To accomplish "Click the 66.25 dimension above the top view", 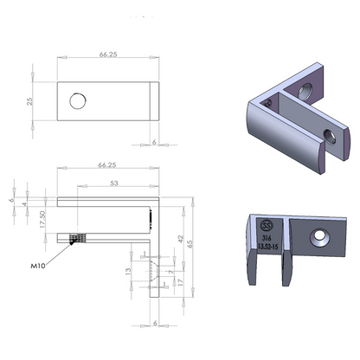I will pos(108,54).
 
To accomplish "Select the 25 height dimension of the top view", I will pos(29,101).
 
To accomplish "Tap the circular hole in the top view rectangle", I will pos(78,102).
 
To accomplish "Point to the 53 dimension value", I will pos(114,183).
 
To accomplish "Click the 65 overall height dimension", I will pos(192,245).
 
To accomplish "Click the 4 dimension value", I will pos(26,205).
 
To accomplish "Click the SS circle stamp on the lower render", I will pos(267,227).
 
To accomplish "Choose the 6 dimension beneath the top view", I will pos(154,141).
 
